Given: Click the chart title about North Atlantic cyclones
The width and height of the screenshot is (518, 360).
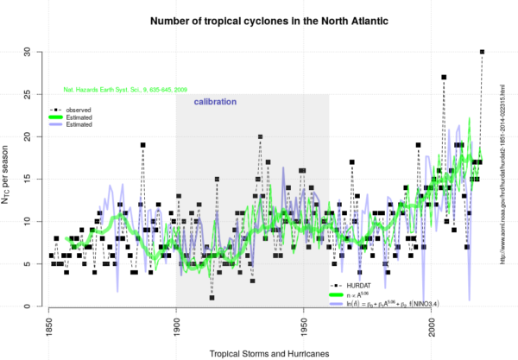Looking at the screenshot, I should point(259,19).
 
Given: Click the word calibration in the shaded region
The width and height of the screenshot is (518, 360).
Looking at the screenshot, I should point(213,102).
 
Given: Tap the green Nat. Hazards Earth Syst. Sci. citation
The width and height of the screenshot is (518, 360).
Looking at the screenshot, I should point(124,89).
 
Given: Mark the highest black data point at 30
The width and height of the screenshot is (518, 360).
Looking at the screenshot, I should point(482,52).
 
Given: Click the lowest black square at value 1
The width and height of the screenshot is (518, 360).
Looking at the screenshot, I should point(212,298).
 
